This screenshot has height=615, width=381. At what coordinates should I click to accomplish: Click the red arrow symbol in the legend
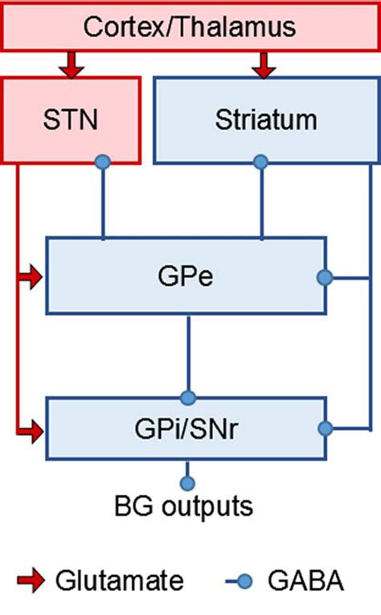point(31,580)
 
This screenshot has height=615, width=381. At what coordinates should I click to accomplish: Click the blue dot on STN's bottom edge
point(102,162)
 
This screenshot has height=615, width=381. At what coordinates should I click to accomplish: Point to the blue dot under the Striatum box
point(260,162)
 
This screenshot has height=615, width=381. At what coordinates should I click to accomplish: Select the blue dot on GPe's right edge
point(325,278)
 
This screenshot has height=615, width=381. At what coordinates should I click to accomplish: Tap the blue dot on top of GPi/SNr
point(188,396)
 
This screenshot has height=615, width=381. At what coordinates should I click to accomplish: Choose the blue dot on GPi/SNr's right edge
point(325,428)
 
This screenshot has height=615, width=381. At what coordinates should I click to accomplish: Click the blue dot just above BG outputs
point(187,483)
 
